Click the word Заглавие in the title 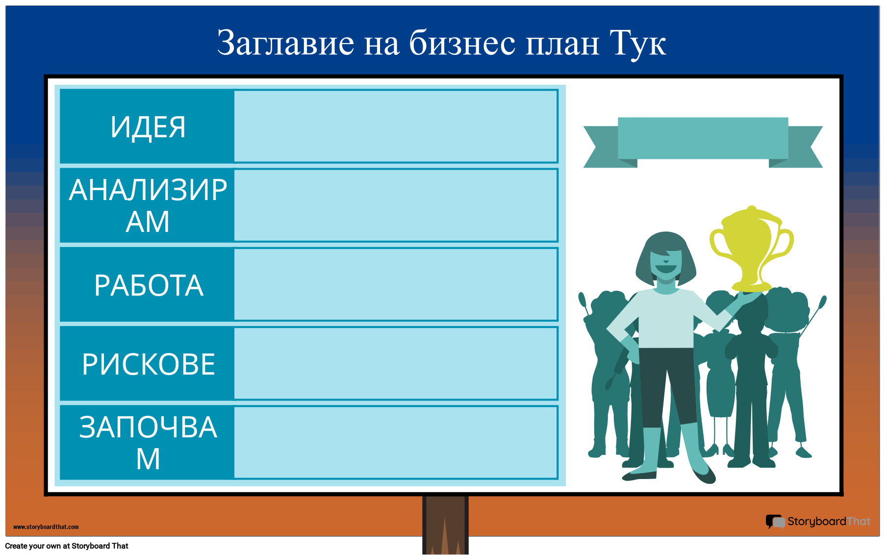285,43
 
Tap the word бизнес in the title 462,43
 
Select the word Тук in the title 637,43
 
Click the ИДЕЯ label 148,127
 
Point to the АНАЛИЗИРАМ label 148,205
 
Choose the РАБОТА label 148,285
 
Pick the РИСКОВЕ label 148,364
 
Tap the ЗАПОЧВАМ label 148,443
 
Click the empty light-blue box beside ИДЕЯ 396,126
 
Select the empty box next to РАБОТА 396,284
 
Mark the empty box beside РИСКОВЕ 396,363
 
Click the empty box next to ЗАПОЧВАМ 396,442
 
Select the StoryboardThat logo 818,522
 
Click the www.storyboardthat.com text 46,527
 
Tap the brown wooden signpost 445,525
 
